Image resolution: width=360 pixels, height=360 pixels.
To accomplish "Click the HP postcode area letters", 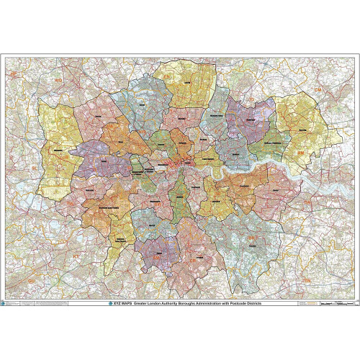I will tap(13, 73).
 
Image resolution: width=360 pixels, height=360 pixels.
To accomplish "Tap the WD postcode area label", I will tap(58, 81).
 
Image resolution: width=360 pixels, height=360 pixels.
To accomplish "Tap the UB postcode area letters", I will tap(66, 156).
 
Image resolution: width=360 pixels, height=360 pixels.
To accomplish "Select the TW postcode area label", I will tap(70, 204).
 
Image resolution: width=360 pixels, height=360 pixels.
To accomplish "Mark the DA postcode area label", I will tap(307, 203).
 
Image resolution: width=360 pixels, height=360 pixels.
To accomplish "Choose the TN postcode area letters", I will tap(306, 278).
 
